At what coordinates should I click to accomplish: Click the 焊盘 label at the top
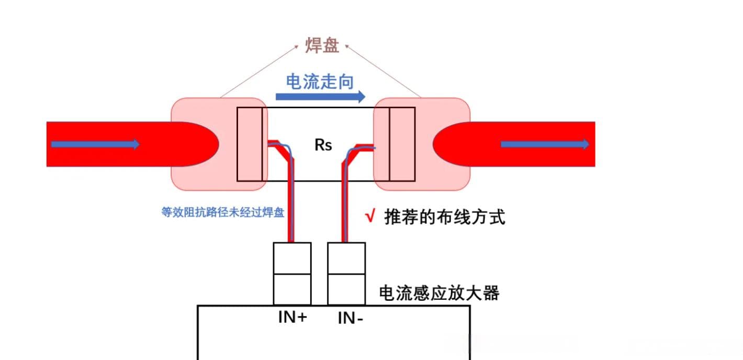[x=322, y=46]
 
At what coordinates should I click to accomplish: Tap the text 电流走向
[x=320, y=82]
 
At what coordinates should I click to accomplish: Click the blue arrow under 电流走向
[x=320, y=96]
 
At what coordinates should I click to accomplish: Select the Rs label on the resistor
[x=323, y=145]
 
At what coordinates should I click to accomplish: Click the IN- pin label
[x=351, y=317]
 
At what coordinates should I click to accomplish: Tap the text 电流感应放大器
[x=439, y=293]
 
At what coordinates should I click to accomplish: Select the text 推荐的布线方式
[x=445, y=217]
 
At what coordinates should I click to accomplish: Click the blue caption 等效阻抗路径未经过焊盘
[x=223, y=212]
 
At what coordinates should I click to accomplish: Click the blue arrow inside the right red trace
[x=545, y=144]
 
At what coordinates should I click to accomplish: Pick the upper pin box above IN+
[x=292, y=258]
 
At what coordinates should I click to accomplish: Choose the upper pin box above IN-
[x=346, y=258]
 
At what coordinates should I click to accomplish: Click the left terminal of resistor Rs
[x=250, y=144]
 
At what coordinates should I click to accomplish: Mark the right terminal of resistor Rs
[x=402, y=144]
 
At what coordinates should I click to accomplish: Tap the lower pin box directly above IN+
[x=292, y=289]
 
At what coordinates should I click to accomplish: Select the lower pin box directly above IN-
[x=346, y=289]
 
